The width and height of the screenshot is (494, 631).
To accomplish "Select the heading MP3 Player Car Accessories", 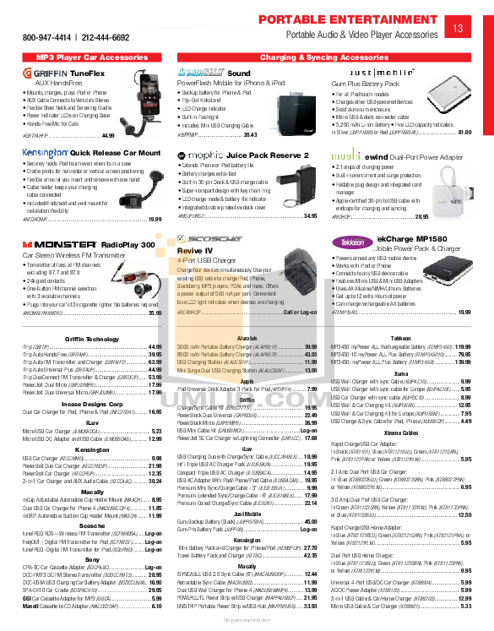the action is click(81, 57).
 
